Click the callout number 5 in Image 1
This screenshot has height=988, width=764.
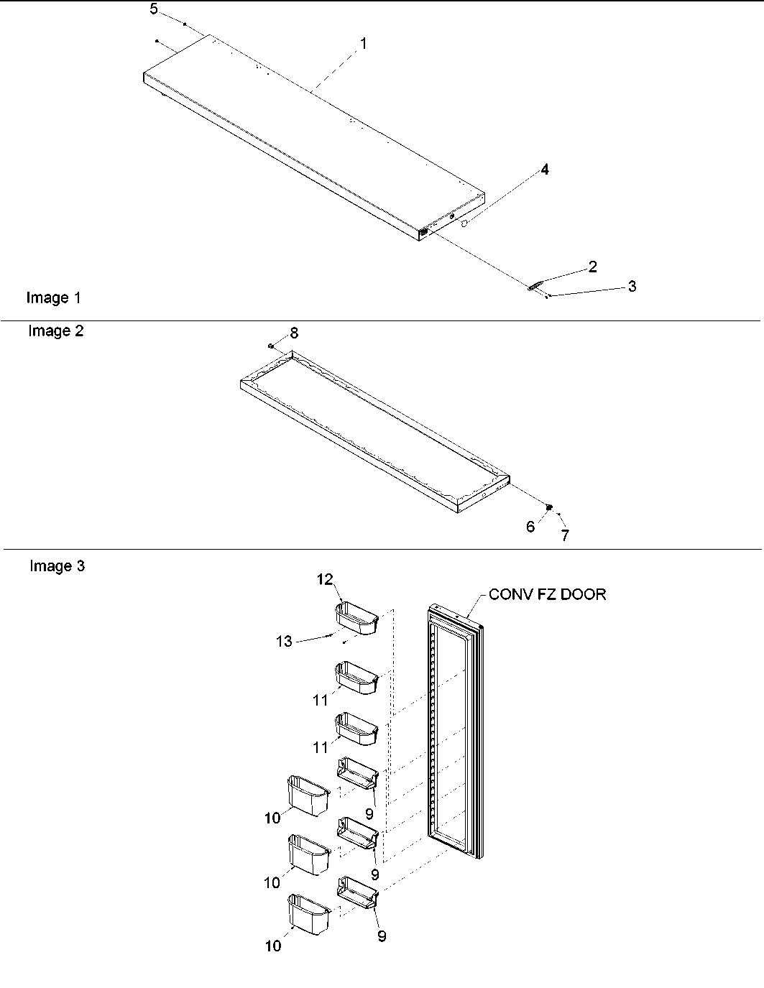(x=154, y=9)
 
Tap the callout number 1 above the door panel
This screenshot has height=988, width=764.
(x=363, y=44)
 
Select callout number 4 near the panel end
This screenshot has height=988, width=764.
(x=545, y=170)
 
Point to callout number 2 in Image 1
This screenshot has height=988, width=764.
(x=592, y=267)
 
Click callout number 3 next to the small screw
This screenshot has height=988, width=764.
(x=632, y=286)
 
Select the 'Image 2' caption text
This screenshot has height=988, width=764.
(x=55, y=331)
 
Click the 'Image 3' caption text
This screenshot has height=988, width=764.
(x=57, y=566)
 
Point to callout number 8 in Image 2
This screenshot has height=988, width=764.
(x=294, y=333)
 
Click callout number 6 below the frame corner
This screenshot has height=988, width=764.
(x=530, y=527)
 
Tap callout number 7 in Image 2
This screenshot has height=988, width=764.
(x=565, y=535)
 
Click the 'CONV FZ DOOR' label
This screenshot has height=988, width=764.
(x=547, y=594)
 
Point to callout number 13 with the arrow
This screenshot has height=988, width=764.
(x=285, y=641)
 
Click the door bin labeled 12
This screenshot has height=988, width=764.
(x=356, y=619)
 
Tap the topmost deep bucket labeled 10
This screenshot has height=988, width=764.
(x=308, y=795)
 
